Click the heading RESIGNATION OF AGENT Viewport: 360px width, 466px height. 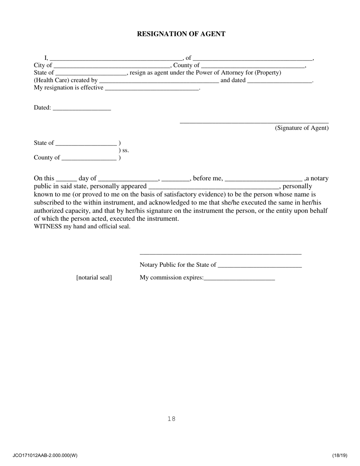181,34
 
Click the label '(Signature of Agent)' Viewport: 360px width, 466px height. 302,128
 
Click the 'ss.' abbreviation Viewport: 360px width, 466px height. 125,150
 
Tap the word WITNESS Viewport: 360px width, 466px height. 48,227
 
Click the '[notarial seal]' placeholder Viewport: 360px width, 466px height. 94,278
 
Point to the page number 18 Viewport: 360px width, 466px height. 171,419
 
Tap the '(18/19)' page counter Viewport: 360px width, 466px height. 340,455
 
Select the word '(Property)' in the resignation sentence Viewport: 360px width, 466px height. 268,73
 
